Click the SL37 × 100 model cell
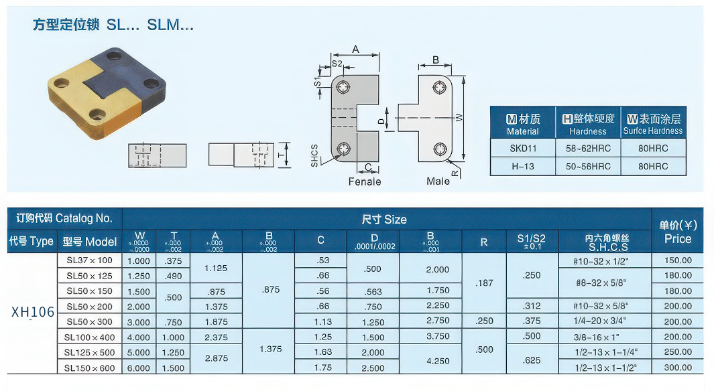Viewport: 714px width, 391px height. [x=89, y=260]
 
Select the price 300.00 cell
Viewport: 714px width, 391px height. [x=677, y=368]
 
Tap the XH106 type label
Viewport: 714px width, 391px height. [x=33, y=312]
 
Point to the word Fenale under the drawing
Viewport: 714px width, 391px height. [x=365, y=181]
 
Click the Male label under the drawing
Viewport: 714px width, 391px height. [x=438, y=181]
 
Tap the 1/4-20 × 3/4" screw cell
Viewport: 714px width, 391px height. [x=606, y=321]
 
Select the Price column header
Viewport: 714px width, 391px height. [x=677, y=232]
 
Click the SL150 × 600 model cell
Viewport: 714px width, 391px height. [x=89, y=368]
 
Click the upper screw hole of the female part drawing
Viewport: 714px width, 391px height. [x=344, y=87]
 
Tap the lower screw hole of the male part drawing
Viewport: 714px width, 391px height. [x=439, y=148]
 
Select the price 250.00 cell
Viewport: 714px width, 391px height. [x=677, y=352]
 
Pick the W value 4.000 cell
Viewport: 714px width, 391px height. [x=139, y=337]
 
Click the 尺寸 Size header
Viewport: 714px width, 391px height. [x=383, y=220]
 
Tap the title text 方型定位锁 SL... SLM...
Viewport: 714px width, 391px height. [x=113, y=25]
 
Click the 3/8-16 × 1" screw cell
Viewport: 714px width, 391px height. [x=606, y=337]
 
